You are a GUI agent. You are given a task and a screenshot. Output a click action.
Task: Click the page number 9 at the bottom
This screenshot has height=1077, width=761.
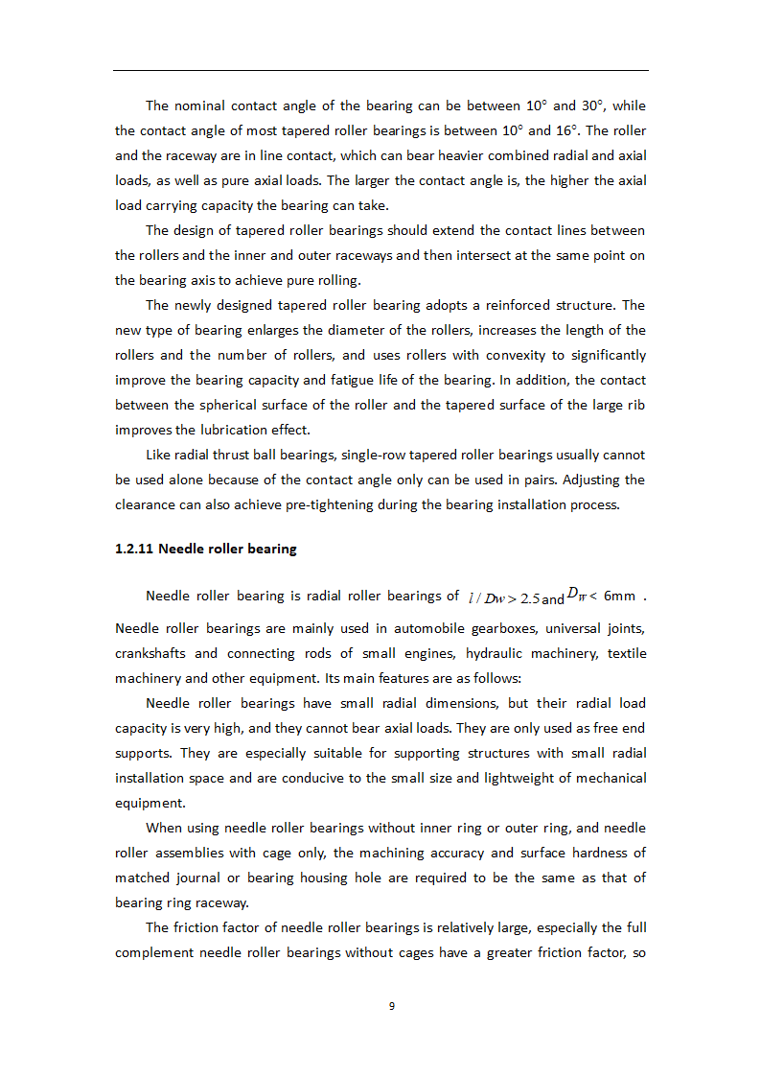[391, 1006]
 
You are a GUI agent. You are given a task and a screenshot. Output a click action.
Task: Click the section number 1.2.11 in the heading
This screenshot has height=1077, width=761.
[134, 550]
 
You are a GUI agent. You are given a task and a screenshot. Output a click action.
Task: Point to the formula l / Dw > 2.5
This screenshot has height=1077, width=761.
[503, 598]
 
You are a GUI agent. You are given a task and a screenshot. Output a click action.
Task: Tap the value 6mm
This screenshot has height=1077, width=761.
[619, 596]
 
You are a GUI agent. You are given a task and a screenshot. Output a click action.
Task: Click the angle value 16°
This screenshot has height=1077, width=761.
[569, 130]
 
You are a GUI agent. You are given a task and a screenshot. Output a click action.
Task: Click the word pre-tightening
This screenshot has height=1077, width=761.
[379, 504]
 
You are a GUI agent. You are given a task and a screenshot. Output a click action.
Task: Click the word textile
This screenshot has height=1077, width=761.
[626, 653]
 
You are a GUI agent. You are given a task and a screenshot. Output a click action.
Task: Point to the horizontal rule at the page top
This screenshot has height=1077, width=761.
[380, 70]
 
